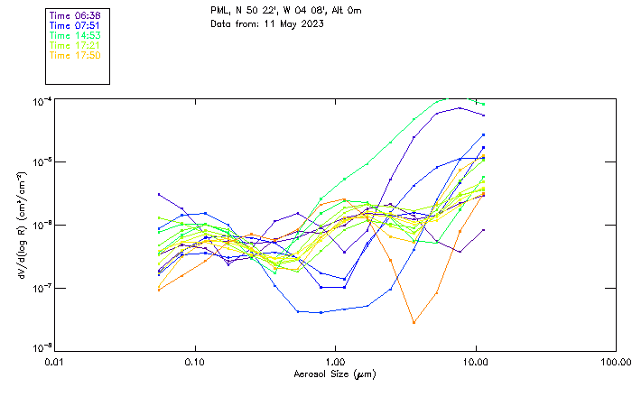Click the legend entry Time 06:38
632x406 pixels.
coord(75,16)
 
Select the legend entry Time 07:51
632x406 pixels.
coord(75,26)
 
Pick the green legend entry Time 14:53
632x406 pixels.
coord(75,35)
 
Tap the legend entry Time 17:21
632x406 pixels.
coord(75,45)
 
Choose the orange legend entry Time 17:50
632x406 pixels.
coord(75,55)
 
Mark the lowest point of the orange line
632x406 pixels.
coord(414,322)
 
